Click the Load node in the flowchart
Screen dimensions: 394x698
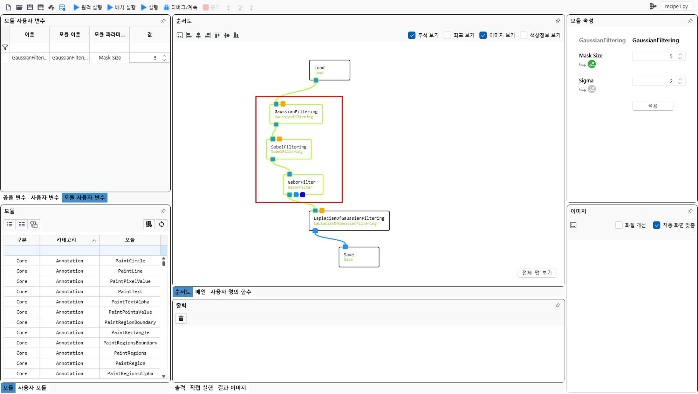329,70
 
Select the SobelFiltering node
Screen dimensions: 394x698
289,149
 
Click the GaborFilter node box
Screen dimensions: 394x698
303,184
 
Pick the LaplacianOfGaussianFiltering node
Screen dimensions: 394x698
349,221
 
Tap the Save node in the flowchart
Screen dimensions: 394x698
359,257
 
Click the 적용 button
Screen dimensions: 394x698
652,106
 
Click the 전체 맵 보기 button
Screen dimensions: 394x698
536,273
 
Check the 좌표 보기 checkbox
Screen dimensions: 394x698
447,35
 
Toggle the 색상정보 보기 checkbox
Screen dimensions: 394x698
524,35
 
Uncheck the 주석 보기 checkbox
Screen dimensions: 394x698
412,35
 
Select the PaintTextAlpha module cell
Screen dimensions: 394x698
130,302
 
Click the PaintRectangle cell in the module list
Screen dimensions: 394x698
130,333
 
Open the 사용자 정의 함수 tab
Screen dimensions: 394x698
231,292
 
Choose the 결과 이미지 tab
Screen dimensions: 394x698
232,388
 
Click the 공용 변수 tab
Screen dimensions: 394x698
14,198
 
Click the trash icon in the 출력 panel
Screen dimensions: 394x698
181,318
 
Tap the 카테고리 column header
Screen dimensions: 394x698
67,240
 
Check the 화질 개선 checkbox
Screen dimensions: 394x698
619,225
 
